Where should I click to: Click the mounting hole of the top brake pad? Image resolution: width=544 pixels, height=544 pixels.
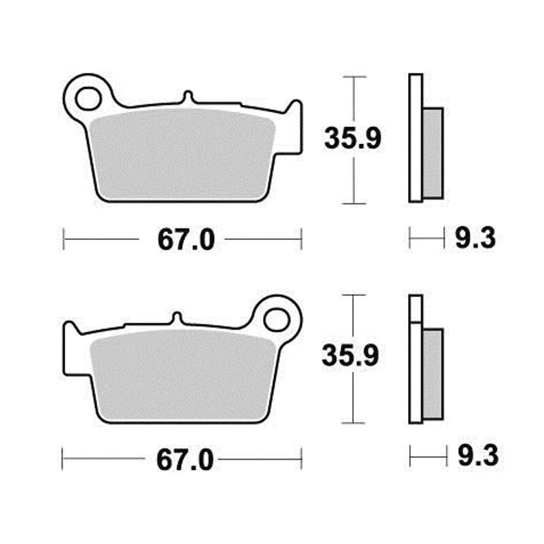pos(88,99)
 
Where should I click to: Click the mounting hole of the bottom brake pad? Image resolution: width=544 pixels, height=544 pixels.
pos(276,320)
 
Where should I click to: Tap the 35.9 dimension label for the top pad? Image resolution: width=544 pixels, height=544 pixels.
pos(352,138)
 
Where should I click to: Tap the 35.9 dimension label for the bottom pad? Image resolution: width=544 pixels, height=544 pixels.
pos(350,355)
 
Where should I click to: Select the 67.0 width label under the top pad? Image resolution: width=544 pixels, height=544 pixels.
pos(186,240)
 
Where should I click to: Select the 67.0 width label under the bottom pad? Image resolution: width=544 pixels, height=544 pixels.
pos(185,460)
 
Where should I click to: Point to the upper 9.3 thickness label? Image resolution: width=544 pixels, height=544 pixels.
pos(475,239)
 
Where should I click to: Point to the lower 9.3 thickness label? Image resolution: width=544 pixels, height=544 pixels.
pos(478,456)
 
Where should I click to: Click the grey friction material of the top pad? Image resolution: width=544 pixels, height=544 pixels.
pos(183,154)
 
